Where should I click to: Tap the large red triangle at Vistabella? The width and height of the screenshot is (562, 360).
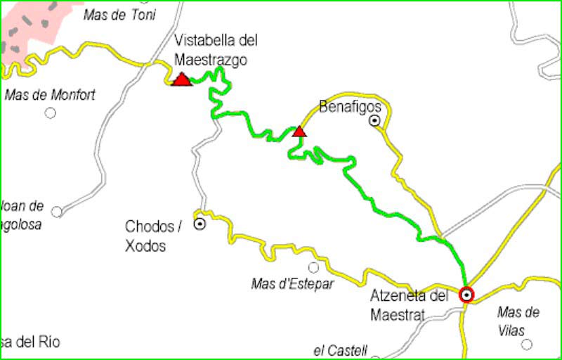coord(182,79)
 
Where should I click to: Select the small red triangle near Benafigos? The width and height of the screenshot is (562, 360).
coord(299,131)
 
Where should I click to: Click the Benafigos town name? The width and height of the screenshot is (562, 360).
coord(350,107)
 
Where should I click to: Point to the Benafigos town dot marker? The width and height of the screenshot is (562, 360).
coord(375,121)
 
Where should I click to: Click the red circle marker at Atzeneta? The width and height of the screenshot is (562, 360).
coord(466,295)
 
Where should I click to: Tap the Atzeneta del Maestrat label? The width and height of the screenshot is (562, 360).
coord(409,305)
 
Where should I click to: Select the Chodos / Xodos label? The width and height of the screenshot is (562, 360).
coord(153,236)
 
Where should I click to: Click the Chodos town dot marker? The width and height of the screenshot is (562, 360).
coord(200,225)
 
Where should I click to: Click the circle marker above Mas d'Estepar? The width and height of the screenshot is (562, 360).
coord(313,267)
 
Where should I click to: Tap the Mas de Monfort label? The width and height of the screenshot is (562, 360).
coord(50,95)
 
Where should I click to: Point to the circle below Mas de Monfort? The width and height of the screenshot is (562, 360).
coord(51,112)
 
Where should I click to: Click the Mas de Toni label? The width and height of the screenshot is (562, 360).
coord(120,15)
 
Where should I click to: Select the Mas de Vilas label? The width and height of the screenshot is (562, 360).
coord(518,320)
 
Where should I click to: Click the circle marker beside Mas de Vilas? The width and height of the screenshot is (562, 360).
coord(527,345)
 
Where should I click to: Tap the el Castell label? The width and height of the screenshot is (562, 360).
coord(341,349)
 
